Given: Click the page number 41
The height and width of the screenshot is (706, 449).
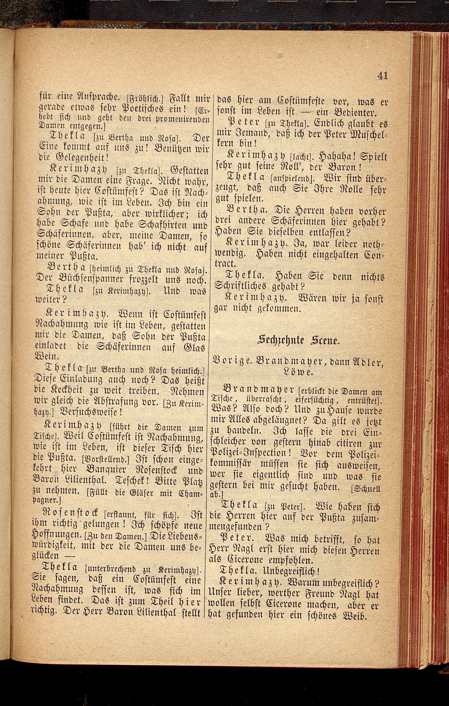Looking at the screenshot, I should [x=382, y=76].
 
